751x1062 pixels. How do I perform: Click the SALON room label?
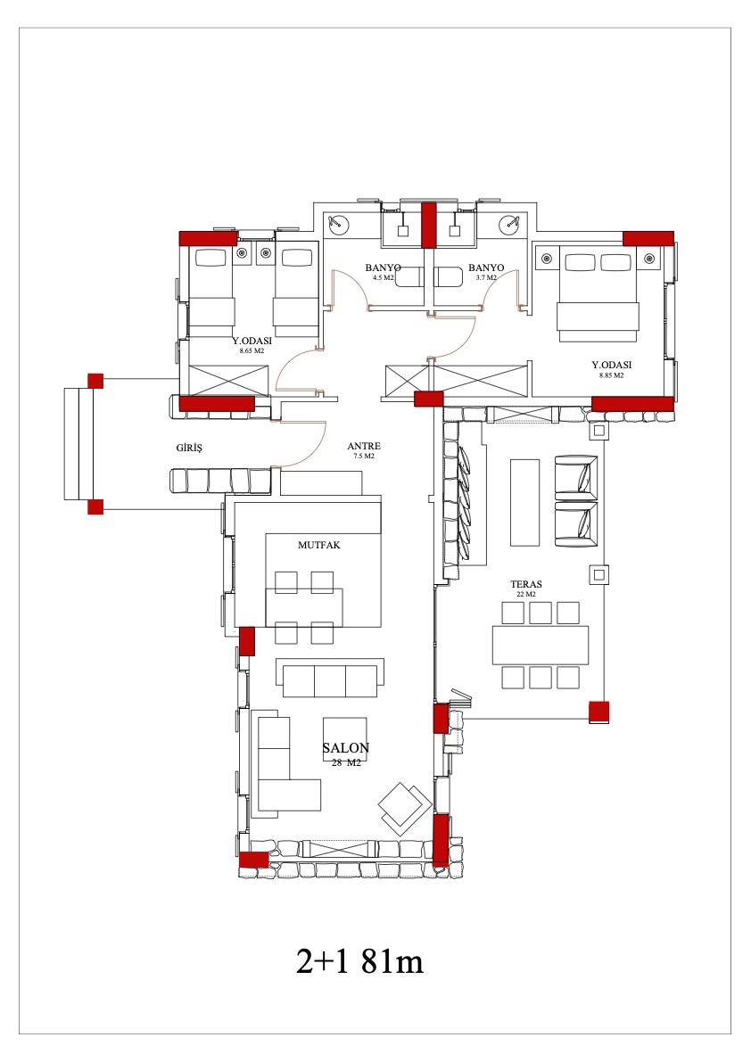345,748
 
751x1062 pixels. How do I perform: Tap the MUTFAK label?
319,545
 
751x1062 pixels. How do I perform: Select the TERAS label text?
526,584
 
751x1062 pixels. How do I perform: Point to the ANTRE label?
364,447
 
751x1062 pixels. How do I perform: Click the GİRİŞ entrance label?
189,449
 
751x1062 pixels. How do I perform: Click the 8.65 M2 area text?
252,351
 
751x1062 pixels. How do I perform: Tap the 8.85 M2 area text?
612,375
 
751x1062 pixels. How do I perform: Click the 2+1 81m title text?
359,962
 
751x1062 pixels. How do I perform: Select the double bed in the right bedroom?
598,297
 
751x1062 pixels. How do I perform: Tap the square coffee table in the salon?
345,739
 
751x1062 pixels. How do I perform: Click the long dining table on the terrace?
541,645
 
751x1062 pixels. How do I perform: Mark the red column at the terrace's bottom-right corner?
598,712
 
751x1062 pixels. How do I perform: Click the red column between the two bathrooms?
428,226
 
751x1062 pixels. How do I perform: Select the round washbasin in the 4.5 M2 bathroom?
336,223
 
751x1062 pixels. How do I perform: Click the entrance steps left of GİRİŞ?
78,444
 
